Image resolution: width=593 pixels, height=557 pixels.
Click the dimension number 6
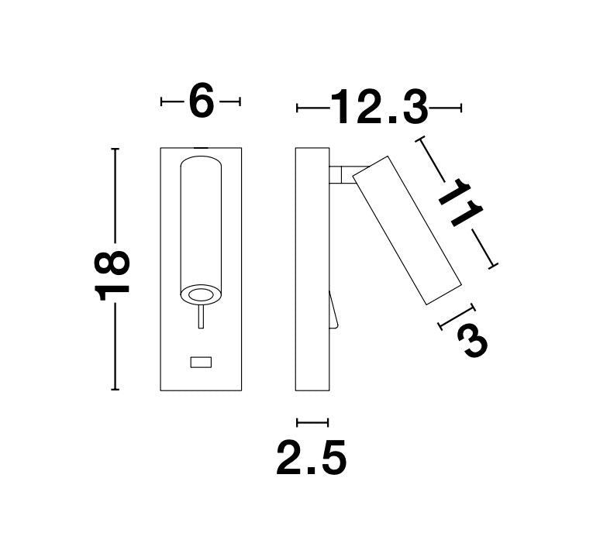point(202,99)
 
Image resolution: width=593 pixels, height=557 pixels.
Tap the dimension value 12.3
point(379,107)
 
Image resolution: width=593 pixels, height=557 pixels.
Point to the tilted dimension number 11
point(460,202)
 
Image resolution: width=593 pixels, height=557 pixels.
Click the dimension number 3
point(472,342)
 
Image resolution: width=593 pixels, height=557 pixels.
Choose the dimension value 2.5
point(312,458)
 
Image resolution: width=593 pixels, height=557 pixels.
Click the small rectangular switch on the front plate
point(201,362)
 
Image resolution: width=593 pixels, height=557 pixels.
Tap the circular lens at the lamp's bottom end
point(201,294)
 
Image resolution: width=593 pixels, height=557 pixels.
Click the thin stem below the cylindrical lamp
point(202,316)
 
